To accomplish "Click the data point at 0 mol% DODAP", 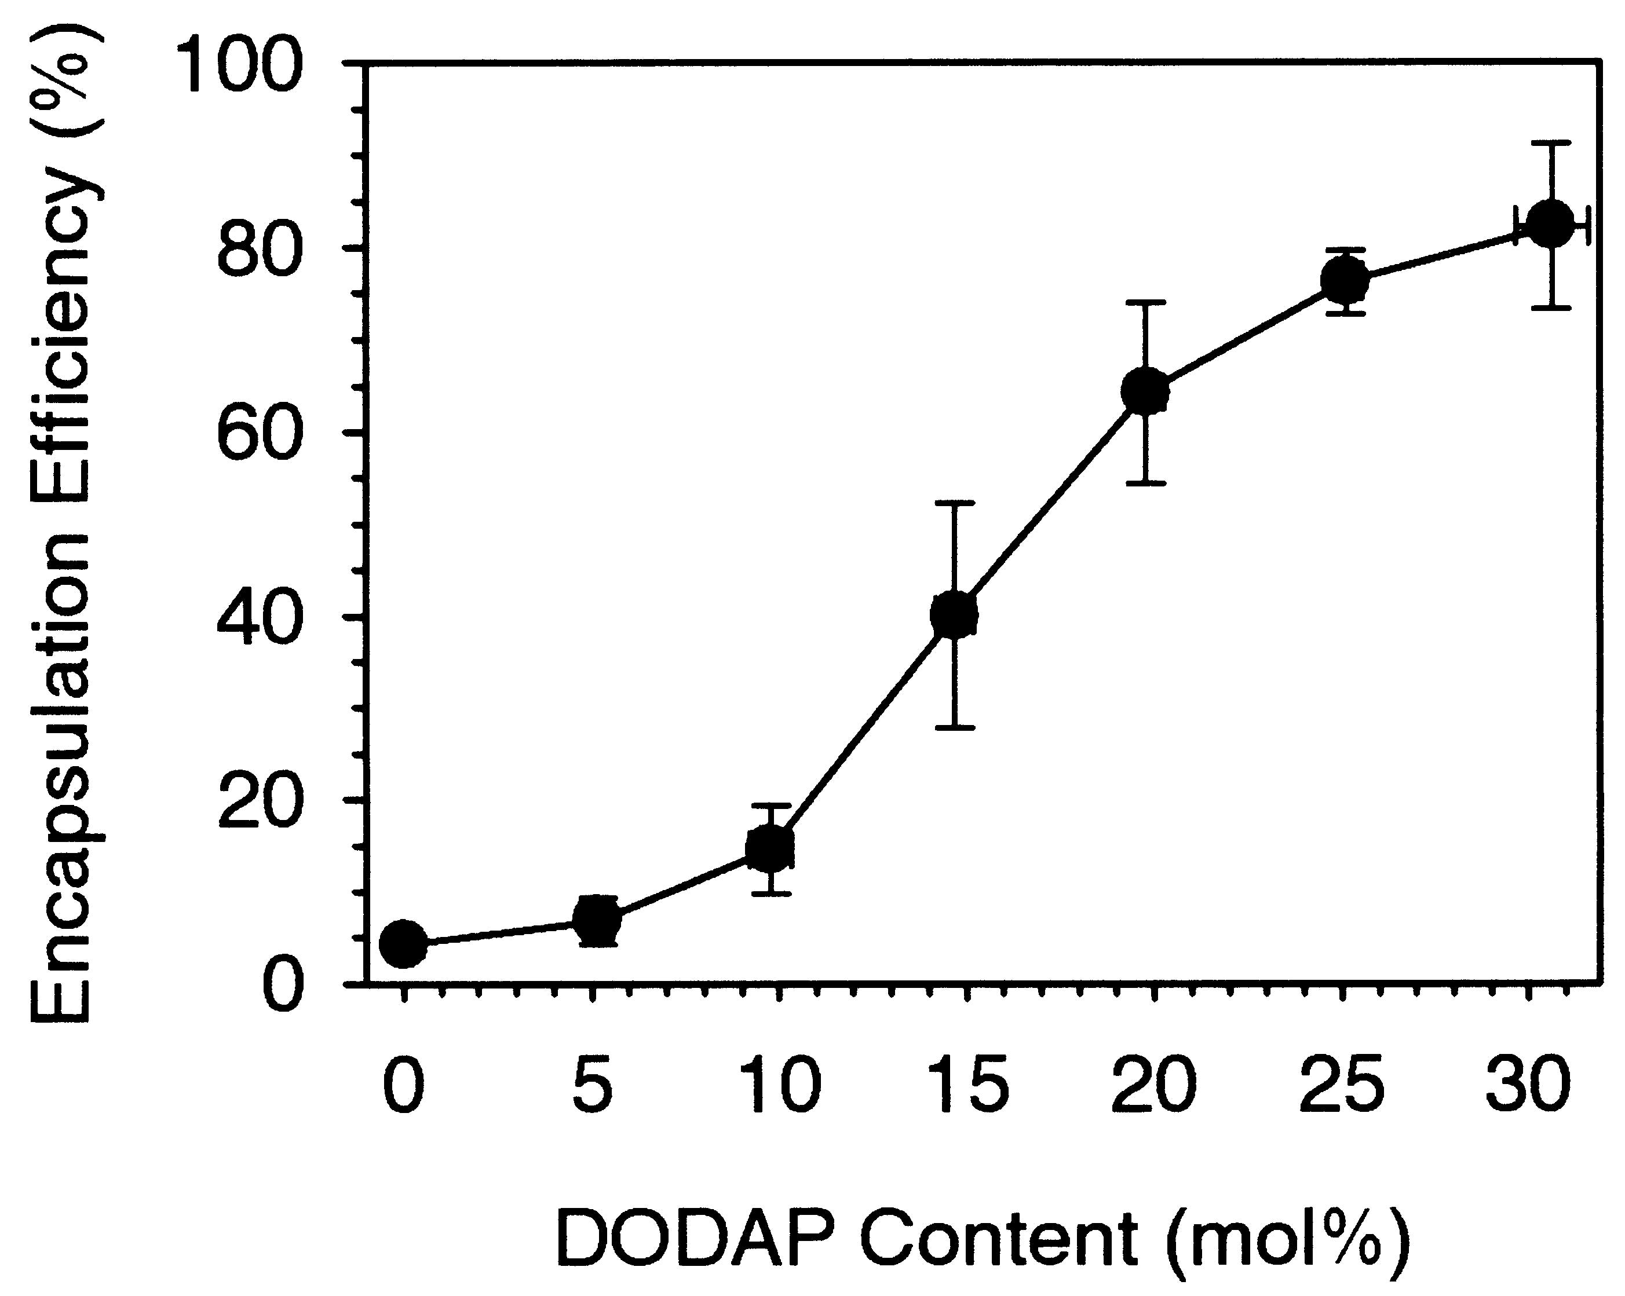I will (403, 943).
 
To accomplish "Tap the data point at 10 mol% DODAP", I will (769, 848).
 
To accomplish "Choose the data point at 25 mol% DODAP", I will (1345, 280).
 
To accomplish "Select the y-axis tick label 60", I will (260, 433).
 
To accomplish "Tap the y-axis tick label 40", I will (260, 618).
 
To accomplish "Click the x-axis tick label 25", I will (1342, 1086).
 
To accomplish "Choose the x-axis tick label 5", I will (593, 1086).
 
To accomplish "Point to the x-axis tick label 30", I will (1528, 1086).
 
